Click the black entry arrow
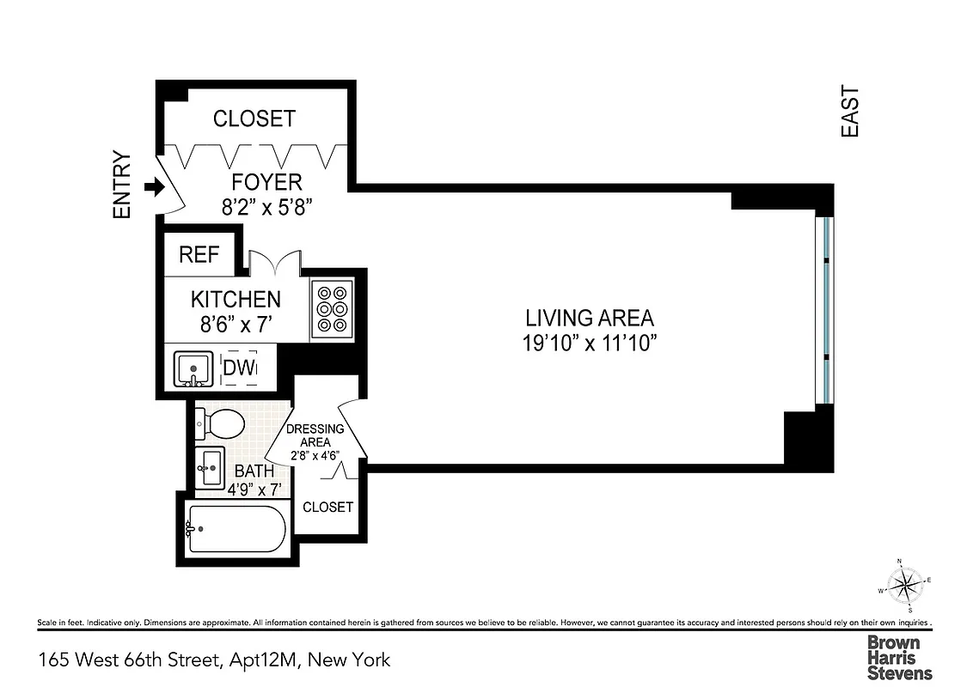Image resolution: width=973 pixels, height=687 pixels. (154, 186)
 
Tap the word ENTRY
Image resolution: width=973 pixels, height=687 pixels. (122, 185)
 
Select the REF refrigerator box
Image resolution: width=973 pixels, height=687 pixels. (199, 255)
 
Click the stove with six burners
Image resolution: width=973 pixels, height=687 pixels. (331, 307)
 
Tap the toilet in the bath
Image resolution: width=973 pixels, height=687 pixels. (221, 423)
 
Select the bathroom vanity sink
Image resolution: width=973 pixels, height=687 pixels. (210, 468)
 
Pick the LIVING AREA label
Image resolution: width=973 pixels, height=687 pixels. (590, 318)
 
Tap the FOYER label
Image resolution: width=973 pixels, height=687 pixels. (267, 182)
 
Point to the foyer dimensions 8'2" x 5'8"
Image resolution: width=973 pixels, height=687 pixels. (267, 206)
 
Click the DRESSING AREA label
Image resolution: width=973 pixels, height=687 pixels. (315, 435)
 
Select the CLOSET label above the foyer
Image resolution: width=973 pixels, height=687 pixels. (254, 119)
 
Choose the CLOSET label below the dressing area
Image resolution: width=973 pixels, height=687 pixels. (328, 507)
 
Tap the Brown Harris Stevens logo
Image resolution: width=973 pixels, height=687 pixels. (899, 658)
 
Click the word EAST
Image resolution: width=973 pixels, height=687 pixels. (850, 112)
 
